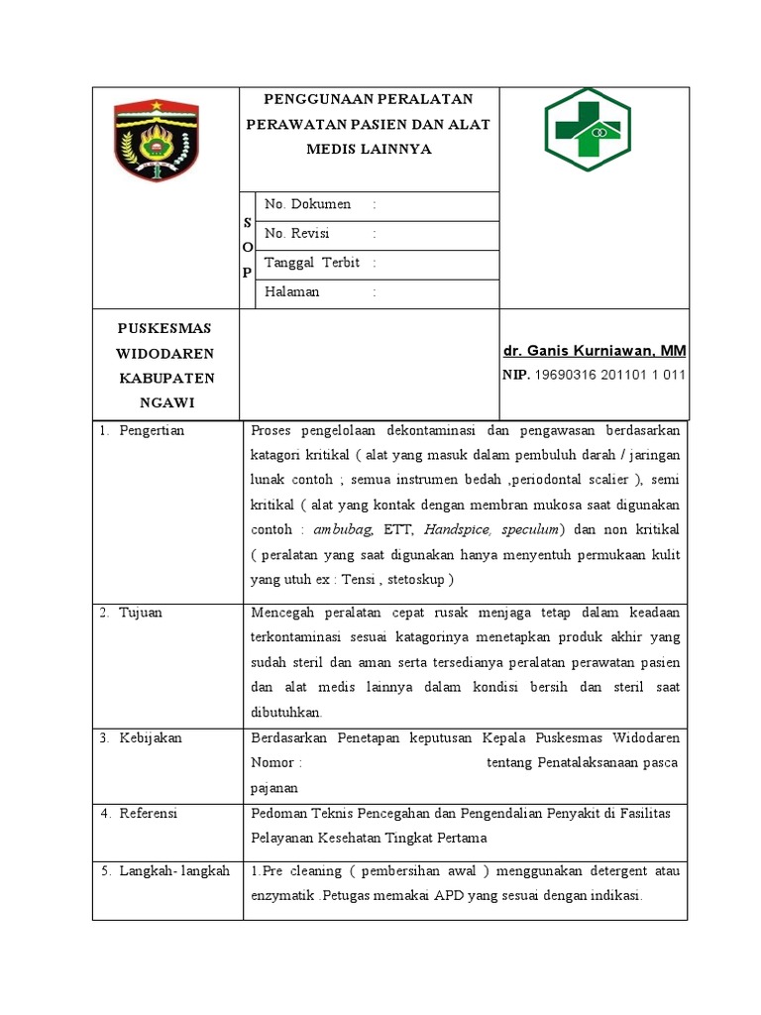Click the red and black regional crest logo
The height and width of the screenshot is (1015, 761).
tap(158, 139)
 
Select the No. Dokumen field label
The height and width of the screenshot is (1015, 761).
tap(308, 205)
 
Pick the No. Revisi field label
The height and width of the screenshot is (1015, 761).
tap(296, 234)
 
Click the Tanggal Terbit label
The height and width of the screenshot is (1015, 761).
tap(312, 263)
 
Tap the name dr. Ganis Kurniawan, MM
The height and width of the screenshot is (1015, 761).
tap(593, 351)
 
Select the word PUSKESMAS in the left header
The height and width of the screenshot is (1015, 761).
tap(164, 328)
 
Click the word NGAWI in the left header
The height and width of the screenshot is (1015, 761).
tap(165, 402)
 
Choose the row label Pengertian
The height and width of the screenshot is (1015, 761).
tap(152, 430)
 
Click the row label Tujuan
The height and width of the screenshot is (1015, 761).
tap(141, 613)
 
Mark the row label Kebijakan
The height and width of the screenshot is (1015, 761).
tap(151, 738)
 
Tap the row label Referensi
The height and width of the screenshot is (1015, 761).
tap(148, 814)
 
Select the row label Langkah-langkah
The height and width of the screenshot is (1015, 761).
tap(174, 871)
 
